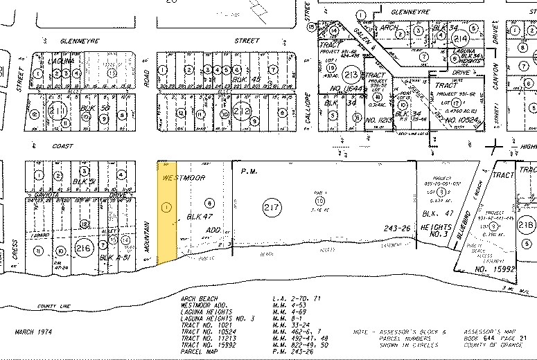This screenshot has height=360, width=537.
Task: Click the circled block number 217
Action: [x=271, y=207]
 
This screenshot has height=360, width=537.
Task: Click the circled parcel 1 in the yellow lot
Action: [x=165, y=206]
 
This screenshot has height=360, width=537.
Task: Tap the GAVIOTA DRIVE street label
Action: [x=69, y=196]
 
